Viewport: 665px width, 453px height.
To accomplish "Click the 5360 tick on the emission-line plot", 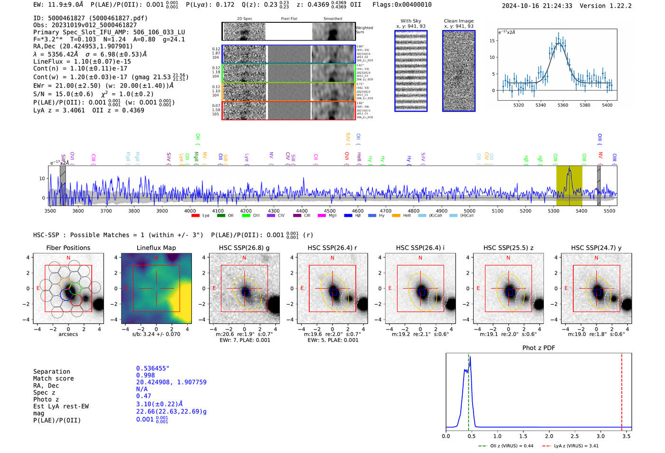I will (563, 105).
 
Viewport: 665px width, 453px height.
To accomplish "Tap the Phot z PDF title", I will (539, 347).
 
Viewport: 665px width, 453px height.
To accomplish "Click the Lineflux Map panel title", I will (156, 248).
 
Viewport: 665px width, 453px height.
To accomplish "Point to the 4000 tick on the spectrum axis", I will (190, 211).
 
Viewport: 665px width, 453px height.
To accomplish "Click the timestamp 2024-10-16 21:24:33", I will (537, 6).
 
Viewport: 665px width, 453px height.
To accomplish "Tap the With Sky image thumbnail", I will (411, 71).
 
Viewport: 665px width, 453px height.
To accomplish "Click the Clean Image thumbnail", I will (458, 71).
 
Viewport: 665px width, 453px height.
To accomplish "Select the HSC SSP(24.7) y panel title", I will (596, 248).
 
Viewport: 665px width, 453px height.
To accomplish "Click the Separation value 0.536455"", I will (152, 368).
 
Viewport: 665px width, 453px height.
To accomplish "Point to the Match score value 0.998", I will (145, 375).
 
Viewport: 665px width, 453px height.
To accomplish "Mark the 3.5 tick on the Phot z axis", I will (627, 436).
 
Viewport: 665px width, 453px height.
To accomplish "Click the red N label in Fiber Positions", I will (68, 258).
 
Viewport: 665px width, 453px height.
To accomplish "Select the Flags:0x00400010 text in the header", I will (402, 5).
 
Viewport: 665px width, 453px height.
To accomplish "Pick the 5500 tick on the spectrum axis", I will (609, 211).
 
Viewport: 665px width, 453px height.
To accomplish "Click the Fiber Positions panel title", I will (68, 248).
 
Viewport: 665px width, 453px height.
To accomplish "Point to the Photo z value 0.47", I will (143, 396).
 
